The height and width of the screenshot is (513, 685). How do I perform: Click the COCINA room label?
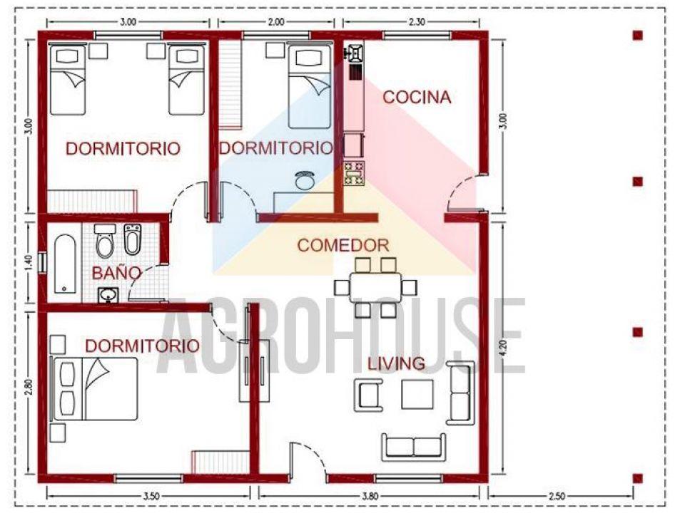(417, 98)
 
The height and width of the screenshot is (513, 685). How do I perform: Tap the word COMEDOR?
(343, 246)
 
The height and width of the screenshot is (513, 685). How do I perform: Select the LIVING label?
(396, 363)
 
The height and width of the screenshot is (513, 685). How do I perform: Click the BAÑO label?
(116, 274)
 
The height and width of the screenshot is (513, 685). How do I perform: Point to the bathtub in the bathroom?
(65, 264)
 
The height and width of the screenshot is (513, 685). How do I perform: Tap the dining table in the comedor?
(375, 287)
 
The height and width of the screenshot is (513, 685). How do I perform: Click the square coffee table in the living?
(417, 394)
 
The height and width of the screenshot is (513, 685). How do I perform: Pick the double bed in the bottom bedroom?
(95, 389)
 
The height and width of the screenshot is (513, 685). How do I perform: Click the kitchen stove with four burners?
(354, 173)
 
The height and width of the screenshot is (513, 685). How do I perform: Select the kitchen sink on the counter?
(355, 53)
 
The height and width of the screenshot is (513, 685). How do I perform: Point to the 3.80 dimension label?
(370, 496)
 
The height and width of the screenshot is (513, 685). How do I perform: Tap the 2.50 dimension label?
(557, 496)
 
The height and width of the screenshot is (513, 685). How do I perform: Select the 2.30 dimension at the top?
(416, 22)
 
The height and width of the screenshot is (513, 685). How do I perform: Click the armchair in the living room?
(369, 395)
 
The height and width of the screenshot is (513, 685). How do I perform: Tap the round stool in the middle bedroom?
(304, 180)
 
